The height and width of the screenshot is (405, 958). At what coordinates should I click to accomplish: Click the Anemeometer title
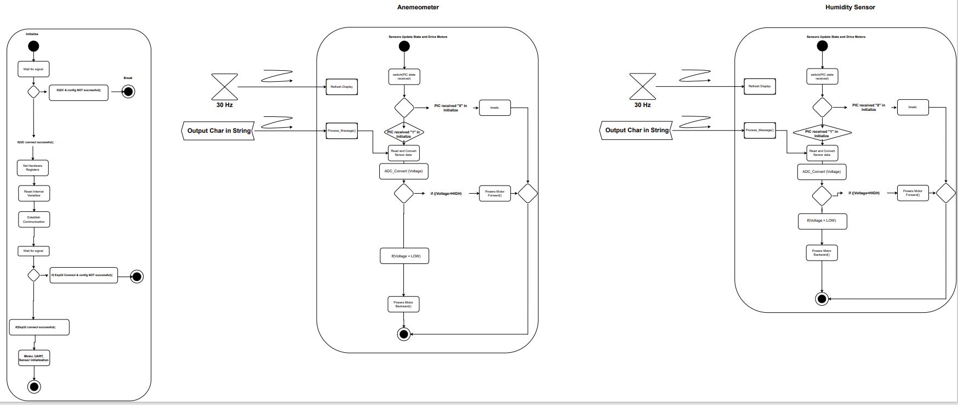coord(418,8)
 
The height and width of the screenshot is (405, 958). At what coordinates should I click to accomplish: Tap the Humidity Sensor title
coord(850,8)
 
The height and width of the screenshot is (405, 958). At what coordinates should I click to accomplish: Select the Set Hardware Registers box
coord(32,168)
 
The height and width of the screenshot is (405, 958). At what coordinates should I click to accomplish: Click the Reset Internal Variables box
coord(34,193)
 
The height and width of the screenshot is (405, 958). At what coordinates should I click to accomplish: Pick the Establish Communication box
coord(34,220)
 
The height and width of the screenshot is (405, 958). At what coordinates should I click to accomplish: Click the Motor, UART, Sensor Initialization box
coord(34,358)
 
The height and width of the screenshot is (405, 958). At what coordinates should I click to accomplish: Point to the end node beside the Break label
coord(128,91)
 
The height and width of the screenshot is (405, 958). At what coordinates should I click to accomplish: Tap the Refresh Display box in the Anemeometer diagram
coord(341,87)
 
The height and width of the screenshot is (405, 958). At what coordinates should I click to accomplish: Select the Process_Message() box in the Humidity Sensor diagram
coord(759,131)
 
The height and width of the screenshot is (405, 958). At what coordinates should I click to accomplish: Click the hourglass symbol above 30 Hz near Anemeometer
coord(224,87)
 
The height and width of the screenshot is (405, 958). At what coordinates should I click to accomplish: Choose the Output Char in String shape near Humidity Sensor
coord(636,131)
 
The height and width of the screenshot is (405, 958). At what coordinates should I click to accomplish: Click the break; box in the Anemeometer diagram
coord(495,108)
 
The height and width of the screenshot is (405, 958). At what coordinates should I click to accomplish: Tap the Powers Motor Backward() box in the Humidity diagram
coord(822,252)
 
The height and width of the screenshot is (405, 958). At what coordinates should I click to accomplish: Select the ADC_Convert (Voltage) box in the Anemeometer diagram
coord(403,171)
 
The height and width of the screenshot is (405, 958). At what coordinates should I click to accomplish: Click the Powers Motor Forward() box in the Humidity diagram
coord(913,193)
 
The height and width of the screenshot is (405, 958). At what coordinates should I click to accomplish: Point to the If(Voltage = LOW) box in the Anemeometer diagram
coord(404,256)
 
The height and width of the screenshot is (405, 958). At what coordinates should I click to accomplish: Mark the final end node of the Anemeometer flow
coord(404,334)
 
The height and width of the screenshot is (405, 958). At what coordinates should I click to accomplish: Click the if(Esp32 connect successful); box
coord(39,327)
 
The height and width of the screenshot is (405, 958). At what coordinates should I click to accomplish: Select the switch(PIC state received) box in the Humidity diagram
coord(822,76)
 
